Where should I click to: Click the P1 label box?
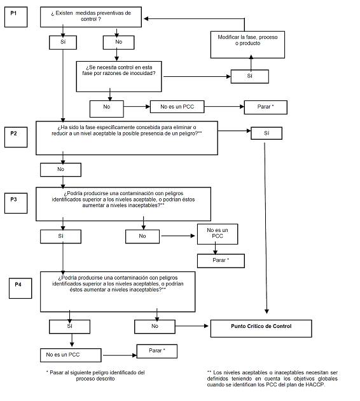click(x=16, y=17)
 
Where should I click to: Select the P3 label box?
click(x=16, y=203)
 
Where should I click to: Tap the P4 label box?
click(x=20, y=289)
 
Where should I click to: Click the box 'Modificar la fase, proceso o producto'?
click(x=247, y=44)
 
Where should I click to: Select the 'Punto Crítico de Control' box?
click(x=261, y=329)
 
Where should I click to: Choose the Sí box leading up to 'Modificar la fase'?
click(x=249, y=76)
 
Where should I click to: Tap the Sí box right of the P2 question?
click(x=267, y=133)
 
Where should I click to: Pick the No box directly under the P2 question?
click(x=60, y=170)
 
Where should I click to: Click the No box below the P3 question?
click(x=142, y=236)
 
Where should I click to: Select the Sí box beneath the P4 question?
click(x=69, y=327)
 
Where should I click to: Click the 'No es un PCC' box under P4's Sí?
click(x=71, y=355)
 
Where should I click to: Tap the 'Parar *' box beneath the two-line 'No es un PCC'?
click(x=221, y=261)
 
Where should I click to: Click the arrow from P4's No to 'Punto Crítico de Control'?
click(x=192, y=326)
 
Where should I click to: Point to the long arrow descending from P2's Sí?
click(x=265, y=228)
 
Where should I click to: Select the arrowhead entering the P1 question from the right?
click(x=146, y=18)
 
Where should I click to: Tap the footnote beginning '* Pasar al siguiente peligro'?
click(x=95, y=376)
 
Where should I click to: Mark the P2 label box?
click(x=16, y=137)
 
